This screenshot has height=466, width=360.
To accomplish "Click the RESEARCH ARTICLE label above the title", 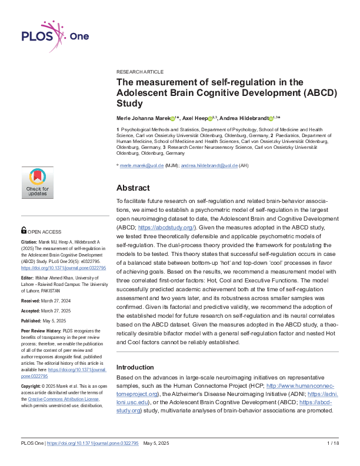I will pyautogui.click(x=140, y=72).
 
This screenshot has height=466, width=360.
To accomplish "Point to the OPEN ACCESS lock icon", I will pyautogui.click(x=24, y=231).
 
